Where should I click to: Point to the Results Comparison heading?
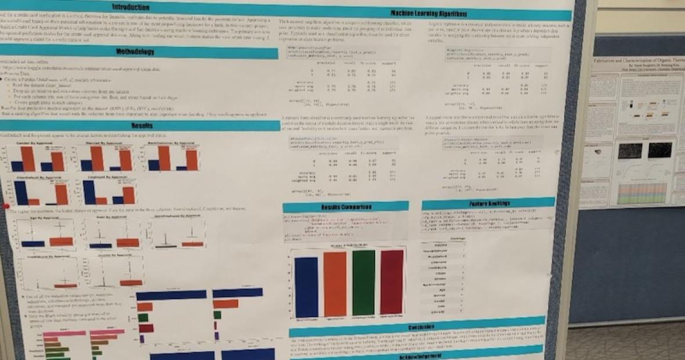338,207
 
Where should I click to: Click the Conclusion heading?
416,326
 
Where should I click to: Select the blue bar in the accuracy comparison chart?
306,286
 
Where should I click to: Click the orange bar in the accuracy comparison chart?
335,284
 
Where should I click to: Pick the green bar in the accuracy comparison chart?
363,283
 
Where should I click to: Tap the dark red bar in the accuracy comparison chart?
392,282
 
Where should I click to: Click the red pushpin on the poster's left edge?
6,206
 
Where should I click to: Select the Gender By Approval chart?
37,156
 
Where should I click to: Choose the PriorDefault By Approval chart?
37,192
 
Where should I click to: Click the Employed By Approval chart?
109,191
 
